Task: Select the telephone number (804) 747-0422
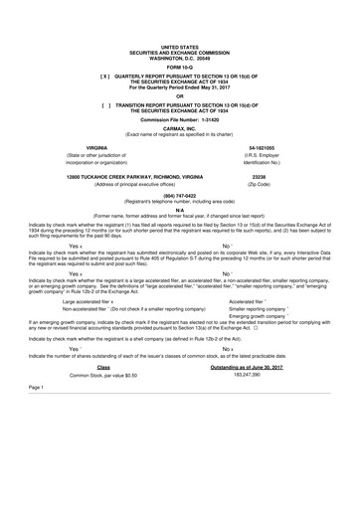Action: pos(180,198)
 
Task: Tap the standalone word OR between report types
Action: pos(180,95)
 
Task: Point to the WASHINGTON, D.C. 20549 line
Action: pos(180,56)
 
